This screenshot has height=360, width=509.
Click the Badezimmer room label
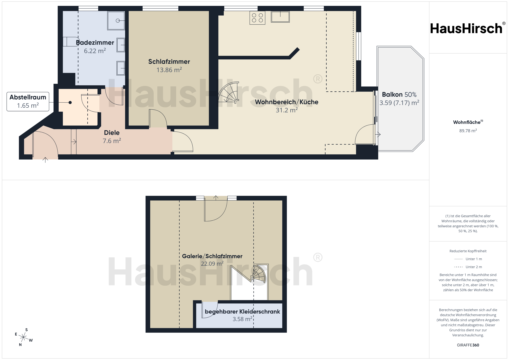coord(95,43)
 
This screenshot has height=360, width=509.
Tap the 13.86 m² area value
coord(169,70)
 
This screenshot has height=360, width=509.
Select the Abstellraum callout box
coord(28,101)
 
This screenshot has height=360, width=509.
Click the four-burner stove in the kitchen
coord(257,18)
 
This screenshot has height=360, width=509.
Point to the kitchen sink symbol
coord(280,17)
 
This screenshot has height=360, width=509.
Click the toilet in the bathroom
coord(71,42)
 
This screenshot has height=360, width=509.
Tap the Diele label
coord(112,133)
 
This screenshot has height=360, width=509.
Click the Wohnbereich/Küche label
coord(287,102)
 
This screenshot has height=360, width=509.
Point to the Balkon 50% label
coord(399,94)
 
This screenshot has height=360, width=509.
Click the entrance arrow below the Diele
coord(45,160)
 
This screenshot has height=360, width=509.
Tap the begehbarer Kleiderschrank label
coord(242,311)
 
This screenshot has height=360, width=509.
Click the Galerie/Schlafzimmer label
coord(212,256)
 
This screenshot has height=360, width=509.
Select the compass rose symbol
coord(24,337)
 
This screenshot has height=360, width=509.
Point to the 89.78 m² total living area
coord(468,131)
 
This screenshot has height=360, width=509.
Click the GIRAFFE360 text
coord(468,345)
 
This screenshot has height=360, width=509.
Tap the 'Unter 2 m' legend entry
coord(468,267)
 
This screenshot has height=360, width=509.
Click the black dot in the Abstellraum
coord(70,103)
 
